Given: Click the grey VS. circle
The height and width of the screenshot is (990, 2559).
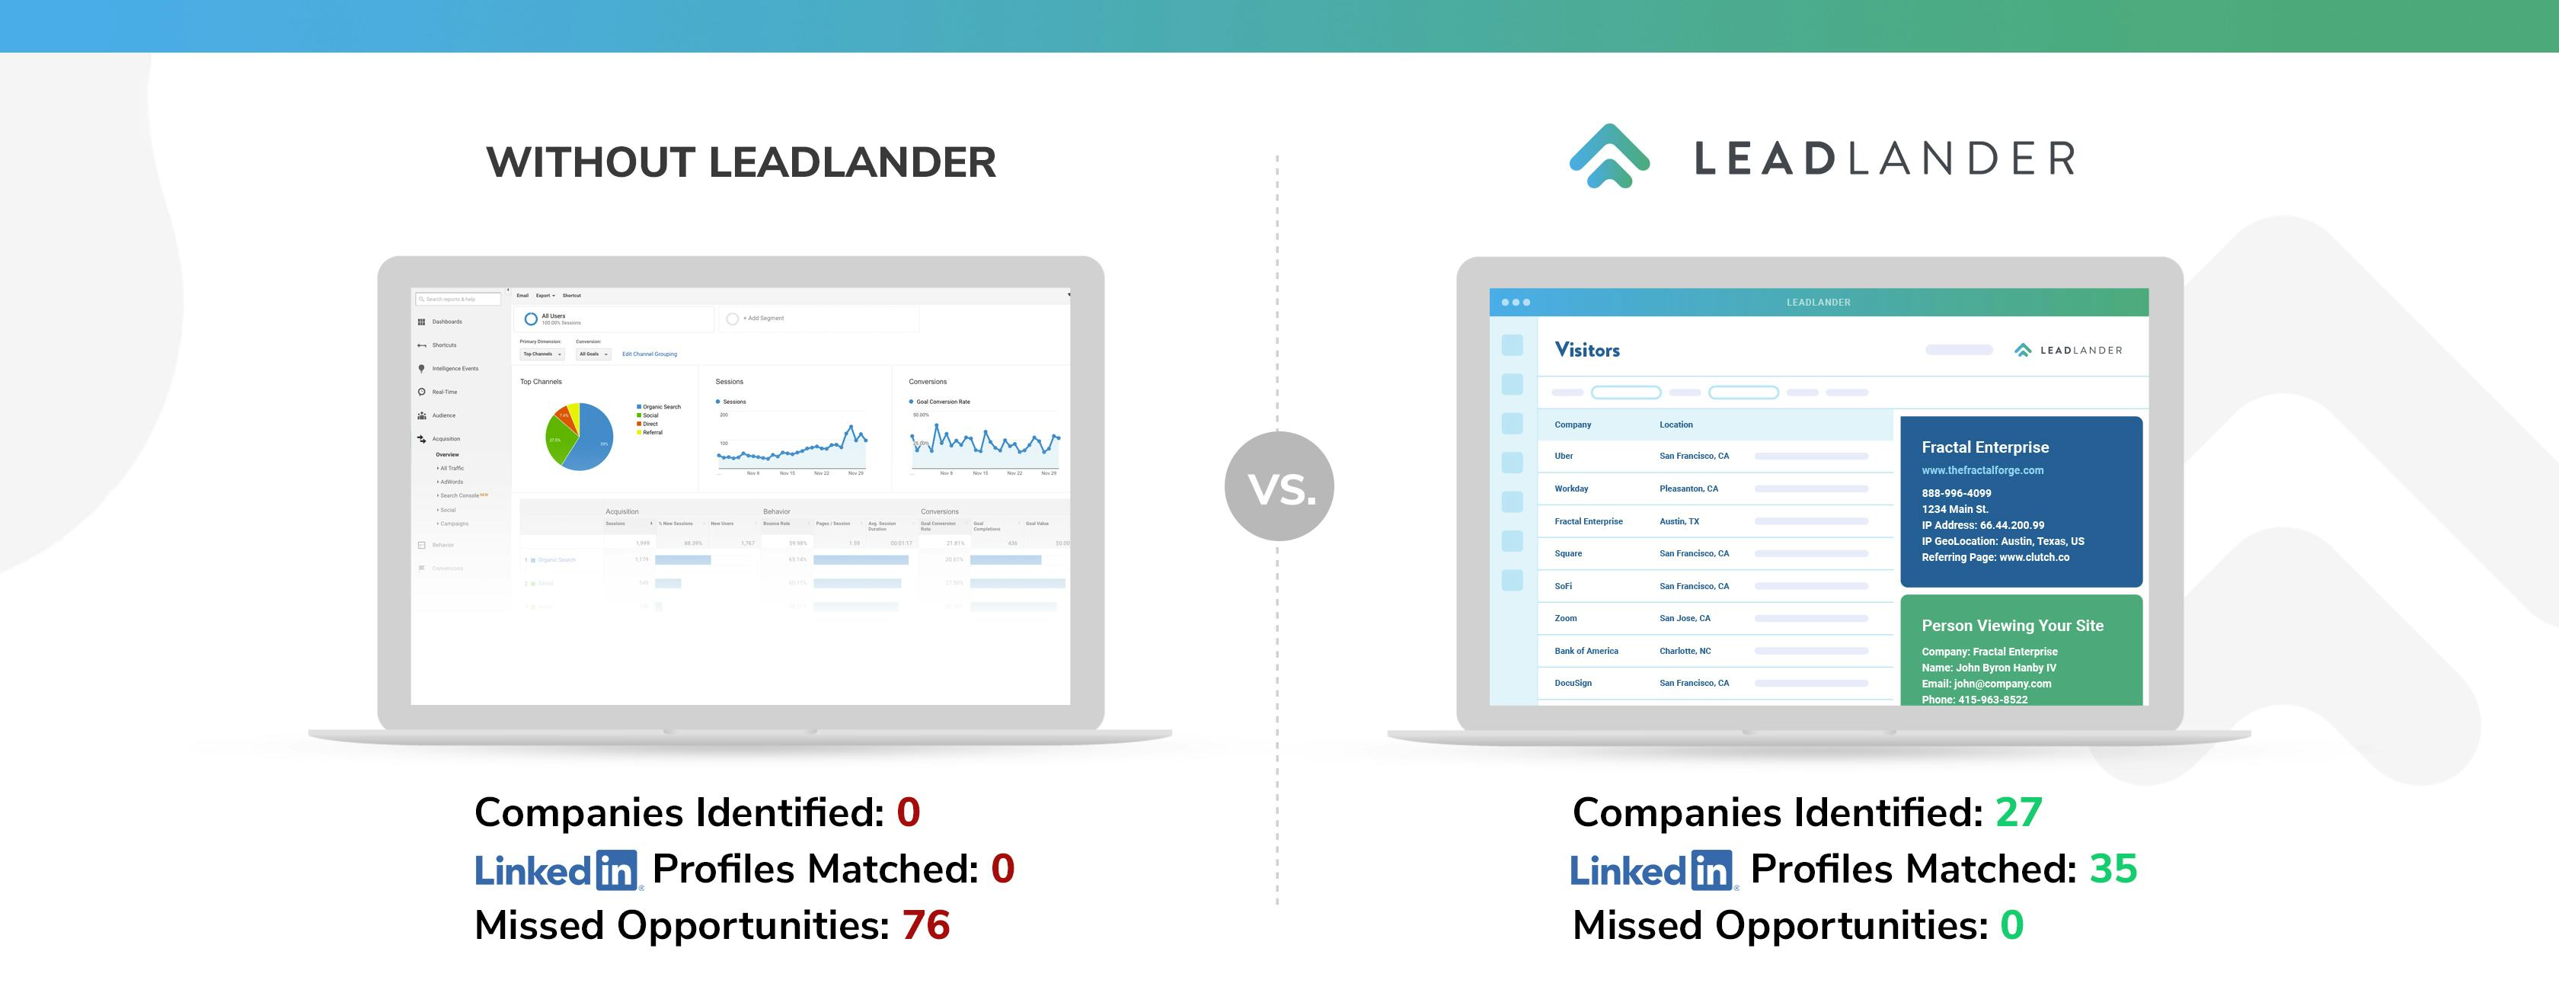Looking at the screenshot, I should [1279, 486].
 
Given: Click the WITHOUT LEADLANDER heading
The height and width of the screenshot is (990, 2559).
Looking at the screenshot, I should [740, 162].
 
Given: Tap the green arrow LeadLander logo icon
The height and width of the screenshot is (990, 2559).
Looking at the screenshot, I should [1609, 156].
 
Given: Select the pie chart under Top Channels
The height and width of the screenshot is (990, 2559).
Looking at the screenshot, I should [579, 437].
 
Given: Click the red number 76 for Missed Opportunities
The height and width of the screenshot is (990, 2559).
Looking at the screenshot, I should [926, 925].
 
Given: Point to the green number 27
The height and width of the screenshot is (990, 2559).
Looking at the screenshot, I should [2018, 812].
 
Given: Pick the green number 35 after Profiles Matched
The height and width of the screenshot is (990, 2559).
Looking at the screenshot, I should [2113, 869].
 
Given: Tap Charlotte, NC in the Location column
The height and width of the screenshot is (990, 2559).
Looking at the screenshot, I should [1685, 651].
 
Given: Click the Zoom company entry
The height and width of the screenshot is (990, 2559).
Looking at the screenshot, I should [1566, 618].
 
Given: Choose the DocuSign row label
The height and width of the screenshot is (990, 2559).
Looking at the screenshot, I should [1573, 683].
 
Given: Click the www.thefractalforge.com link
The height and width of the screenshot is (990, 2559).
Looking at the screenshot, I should [1982, 470].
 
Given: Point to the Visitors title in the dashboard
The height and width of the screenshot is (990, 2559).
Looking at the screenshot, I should [1586, 350].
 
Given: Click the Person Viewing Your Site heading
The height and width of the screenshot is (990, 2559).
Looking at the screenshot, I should [2011, 625].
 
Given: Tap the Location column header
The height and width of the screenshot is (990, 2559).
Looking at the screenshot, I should [1676, 425].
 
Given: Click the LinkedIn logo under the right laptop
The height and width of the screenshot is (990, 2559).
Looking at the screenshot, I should [1651, 870].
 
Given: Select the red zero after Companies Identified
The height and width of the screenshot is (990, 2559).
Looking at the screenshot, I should [908, 812].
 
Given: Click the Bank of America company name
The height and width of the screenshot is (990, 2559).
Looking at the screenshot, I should [1586, 651].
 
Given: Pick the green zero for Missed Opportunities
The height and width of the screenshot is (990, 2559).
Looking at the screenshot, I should [2011, 925].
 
